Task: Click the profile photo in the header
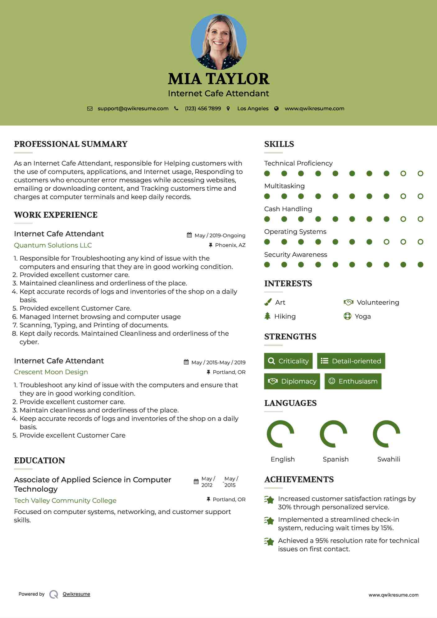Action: click(219, 42)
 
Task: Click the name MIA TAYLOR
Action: click(219, 79)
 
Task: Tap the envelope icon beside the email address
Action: click(90, 109)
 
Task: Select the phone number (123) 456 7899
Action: click(203, 109)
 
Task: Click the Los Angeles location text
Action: click(253, 109)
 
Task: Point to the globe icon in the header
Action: click(276, 109)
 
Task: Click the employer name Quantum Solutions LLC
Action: click(53, 245)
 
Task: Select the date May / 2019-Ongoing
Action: click(220, 235)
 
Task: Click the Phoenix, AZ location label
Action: click(230, 245)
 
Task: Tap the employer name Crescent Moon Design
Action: click(51, 372)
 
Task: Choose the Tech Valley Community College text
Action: click(65, 501)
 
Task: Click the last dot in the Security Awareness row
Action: click(420, 265)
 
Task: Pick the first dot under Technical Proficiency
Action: click(267, 174)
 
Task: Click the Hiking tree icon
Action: click(267, 316)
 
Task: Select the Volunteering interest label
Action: click(378, 302)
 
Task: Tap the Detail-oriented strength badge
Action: click(351, 361)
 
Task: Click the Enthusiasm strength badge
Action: click(353, 381)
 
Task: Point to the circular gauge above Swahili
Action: click(386, 434)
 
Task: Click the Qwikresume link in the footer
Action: click(76, 594)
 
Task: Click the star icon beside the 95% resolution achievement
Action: click(269, 542)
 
